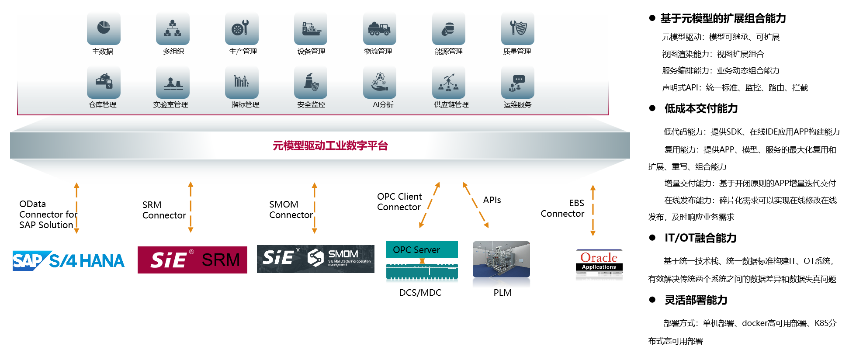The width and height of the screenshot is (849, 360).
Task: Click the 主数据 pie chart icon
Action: point(104,28)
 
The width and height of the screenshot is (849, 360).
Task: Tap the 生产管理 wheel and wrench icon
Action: point(242,28)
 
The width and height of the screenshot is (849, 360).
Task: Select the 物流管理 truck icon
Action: point(379,28)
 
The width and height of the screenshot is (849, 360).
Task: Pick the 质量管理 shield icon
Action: point(518,28)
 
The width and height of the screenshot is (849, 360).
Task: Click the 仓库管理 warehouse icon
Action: point(104,82)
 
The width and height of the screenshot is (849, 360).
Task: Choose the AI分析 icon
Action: point(379,82)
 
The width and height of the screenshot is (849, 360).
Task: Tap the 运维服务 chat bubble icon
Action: point(518,82)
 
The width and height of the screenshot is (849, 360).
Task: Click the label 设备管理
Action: point(311,52)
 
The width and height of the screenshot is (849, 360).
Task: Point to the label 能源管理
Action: point(449,52)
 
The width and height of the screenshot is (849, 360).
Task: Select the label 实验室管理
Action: point(170,105)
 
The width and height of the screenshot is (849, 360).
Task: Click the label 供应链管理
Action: point(451,105)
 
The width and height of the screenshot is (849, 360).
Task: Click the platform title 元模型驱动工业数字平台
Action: point(330,145)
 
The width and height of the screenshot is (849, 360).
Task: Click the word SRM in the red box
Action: point(221,260)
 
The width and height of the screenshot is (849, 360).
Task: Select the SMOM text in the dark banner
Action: point(343,254)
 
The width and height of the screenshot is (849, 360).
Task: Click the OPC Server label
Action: point(416,250)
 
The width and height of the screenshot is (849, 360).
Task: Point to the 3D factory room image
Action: point(501,264)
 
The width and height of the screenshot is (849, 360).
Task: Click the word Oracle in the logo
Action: point(599,257)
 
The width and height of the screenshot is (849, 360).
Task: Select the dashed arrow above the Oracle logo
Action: point(593,210)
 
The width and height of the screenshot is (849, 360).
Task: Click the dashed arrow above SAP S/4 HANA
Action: point(76,208)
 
